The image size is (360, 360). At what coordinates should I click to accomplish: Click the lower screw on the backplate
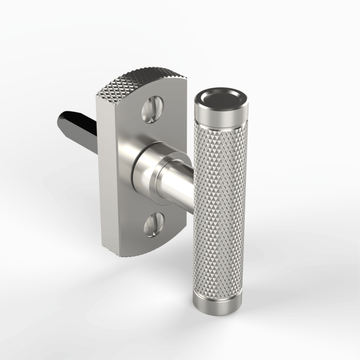(153, 225)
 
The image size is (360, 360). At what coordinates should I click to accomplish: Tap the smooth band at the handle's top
(220, 118)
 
